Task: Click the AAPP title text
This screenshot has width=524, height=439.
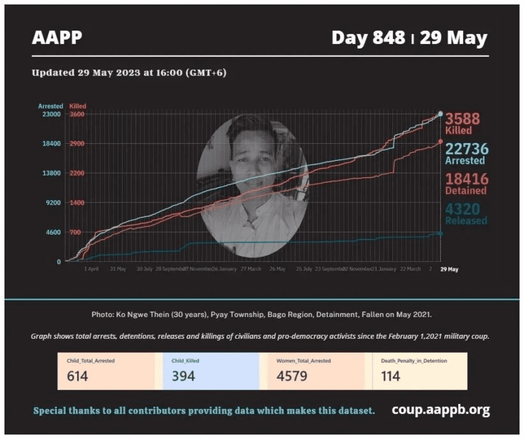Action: pos(57,38)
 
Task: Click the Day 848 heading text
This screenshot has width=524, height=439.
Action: pos(368,38)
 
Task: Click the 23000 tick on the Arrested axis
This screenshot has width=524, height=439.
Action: pos(51,114)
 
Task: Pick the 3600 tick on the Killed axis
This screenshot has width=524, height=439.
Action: pos(77,114)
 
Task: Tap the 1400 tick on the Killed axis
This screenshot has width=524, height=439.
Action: pos(77,203)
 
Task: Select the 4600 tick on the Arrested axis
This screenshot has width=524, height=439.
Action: pos(52,232)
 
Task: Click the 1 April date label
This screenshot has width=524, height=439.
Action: pos(91,269)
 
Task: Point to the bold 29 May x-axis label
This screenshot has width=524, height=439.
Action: pos(449,269)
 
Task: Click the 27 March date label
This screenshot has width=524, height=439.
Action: pos(250,269)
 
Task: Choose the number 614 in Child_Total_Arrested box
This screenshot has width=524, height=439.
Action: pos(77,376)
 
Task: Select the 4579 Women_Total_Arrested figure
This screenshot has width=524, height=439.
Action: pos(291,376)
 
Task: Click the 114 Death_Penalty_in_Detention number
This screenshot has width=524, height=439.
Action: pos(390,376)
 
